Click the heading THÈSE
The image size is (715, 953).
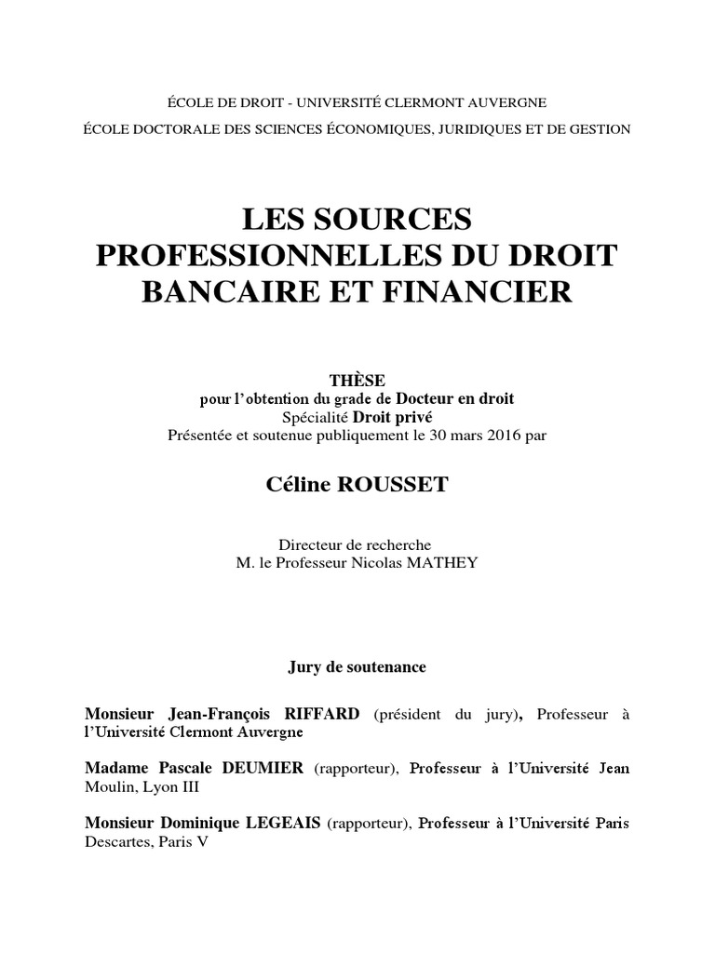(357, 381)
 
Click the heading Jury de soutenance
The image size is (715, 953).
(357, 667)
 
